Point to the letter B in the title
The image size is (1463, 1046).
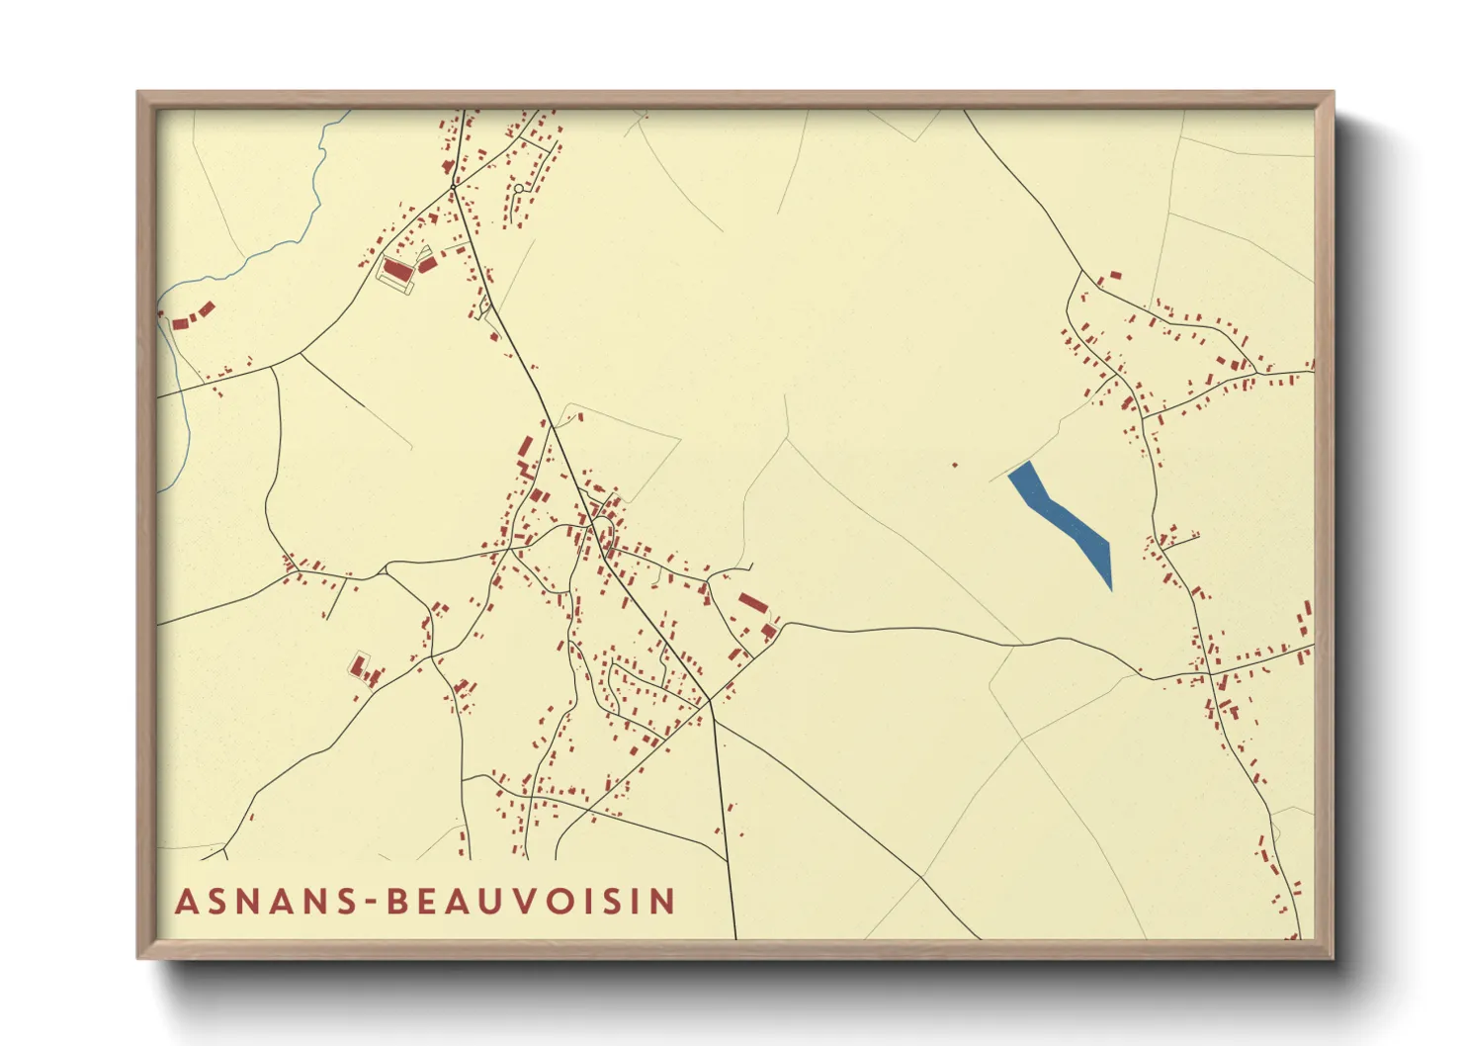(397, 902)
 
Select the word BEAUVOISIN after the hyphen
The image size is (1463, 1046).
(531, 902)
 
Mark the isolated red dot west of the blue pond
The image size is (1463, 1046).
(955, 465)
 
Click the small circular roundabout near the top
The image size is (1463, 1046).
(518, 188)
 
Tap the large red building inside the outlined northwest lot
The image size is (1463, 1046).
(397, 270)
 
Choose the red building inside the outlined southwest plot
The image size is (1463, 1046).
(358, 666)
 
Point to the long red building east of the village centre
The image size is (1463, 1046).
(752, 602)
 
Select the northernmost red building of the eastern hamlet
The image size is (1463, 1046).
(1116, 275)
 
